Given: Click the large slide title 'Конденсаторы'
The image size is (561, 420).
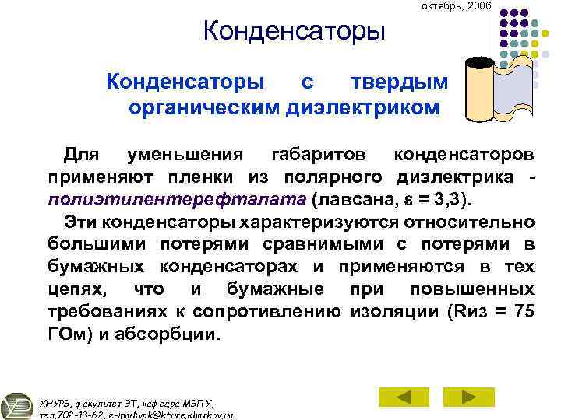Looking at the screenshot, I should click(x=294, y=33).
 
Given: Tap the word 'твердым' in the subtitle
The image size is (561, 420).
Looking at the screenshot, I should click(x=399, y=82).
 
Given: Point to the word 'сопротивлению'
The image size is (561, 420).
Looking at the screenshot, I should click(x=281, y=312).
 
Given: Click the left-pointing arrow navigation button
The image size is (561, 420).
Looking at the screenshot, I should click(x=403, y=397).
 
